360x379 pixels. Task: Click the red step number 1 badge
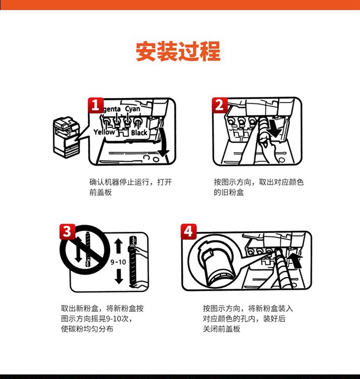96,105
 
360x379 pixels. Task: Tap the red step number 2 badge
219,105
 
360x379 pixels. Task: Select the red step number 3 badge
68,232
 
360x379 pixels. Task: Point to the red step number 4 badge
189,232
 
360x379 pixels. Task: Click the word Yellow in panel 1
104,132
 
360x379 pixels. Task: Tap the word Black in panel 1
139,132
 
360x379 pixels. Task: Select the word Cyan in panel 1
132,109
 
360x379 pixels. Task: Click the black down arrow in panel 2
275,127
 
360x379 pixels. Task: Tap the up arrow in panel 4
295,261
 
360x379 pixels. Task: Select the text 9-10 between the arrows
118,262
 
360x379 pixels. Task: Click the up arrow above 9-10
119,246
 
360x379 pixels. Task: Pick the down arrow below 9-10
119,276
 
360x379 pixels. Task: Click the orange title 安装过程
178,51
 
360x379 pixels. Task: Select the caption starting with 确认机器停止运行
131,187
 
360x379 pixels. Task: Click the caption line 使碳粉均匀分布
87,329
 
